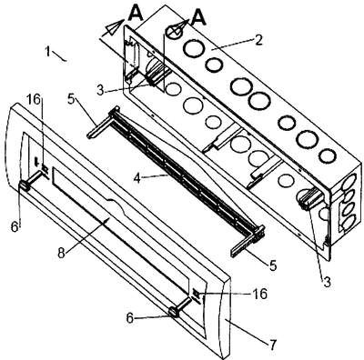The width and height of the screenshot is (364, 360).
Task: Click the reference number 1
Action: (x=47, y=52)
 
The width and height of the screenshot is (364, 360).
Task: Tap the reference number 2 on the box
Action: (x=258, y=40)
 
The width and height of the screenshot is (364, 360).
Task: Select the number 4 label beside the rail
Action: (x=137, y=178)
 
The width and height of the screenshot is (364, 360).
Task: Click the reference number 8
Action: (x=61, y=254)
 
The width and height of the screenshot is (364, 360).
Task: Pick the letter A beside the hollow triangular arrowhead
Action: (x=135, y=13)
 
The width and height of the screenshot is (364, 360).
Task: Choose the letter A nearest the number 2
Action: (x=198, y=19)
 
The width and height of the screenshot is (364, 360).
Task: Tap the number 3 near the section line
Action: (x=101, y=90)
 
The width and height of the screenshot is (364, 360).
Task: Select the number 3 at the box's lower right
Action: (x=327, y=282)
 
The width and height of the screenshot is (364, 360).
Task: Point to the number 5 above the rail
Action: (x=71, y=100)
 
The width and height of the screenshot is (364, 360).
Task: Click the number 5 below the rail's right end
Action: (x=273, y=265)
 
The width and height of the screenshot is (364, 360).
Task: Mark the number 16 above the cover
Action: (x=35, y=100)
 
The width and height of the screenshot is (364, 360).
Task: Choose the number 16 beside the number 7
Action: (x=260, y=294)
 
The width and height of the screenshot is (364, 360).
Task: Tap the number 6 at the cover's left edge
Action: (x=15, y=226)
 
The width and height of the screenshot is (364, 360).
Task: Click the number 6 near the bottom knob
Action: (x=130, y=318)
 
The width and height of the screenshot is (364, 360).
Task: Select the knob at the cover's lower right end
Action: (x=175, y=312)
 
